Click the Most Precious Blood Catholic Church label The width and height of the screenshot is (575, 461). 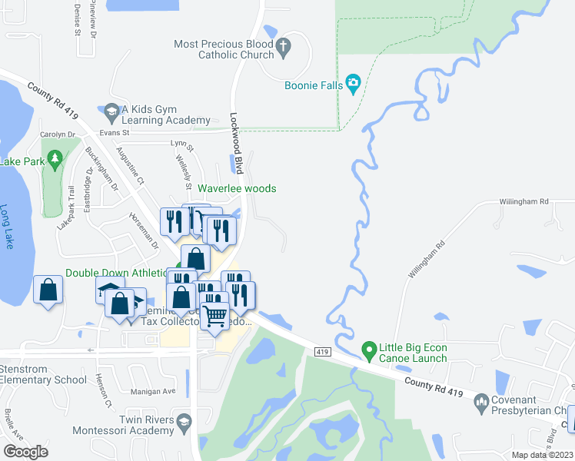[224, 50]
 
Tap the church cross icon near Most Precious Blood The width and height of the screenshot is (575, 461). [284, 47]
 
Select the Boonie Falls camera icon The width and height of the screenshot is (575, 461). [354, 83]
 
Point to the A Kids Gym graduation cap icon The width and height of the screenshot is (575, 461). [112, 112]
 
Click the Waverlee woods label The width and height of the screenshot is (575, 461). [237, 189]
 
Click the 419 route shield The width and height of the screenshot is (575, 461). [322, 351]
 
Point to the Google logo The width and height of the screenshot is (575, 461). [25, 451]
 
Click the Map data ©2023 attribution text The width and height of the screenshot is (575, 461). [543, 455]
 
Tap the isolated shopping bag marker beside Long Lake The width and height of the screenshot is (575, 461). [48, 290]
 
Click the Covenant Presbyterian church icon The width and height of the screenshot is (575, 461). [481, 400]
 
